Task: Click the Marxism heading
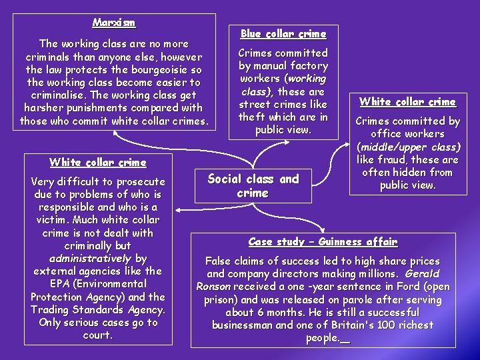pos(114,23)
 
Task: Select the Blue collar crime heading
pos(283,33)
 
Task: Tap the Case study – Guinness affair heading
pos(323,242)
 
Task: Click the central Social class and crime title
pos(253,186)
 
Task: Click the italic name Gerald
pos(421,274)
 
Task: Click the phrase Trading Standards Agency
pos(98,309)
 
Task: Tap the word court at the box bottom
pos(97,335)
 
